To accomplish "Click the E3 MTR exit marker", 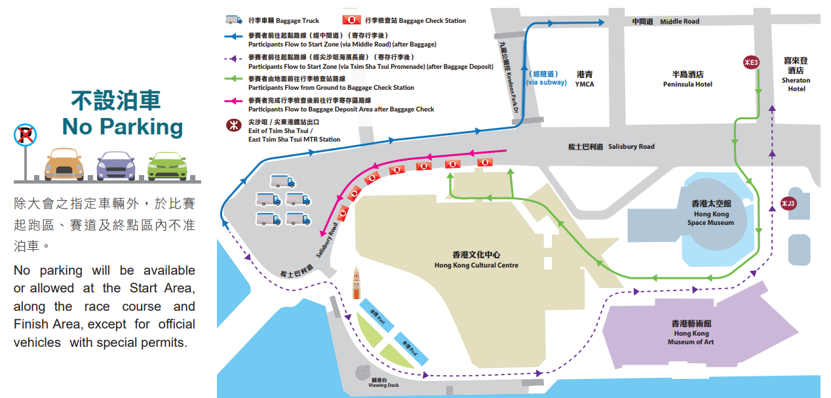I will [x=750, y=62].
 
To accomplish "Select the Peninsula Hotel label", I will [x=687, y=79].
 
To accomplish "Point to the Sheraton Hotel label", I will [x=796, y=75].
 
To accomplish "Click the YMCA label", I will [x=585, y=79].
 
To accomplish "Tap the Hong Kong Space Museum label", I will [x=711, y=213].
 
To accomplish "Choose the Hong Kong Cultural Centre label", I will [x=476, y=260].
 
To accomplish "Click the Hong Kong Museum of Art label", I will [x=691, y=332].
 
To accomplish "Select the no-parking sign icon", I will [x=25, y=136].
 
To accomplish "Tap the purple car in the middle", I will [x=115, y=165].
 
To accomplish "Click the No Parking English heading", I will [x=122, y=127].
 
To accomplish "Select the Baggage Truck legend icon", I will [x=234, y=20].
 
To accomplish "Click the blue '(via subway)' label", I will [x=546, y=78].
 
